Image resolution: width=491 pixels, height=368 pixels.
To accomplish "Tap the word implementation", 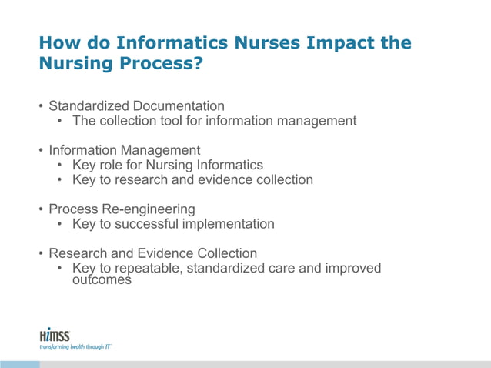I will click(228, 224).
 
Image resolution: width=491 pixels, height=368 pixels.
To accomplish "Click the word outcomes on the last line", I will click(96, 280).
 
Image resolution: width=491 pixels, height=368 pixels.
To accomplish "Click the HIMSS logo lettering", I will click(53, 335).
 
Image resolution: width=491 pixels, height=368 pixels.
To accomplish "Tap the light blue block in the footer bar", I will click(19, 363).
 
